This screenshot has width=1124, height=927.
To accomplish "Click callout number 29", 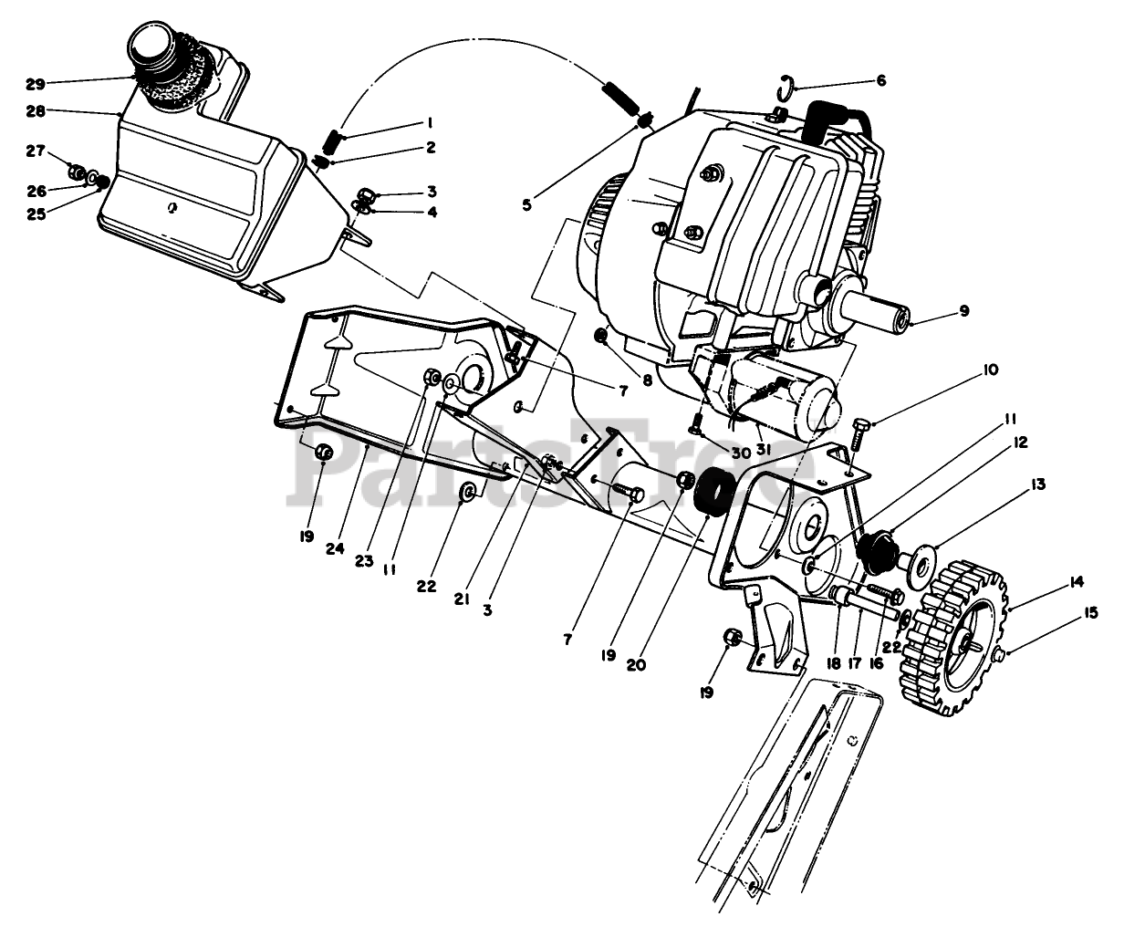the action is coord(34,84).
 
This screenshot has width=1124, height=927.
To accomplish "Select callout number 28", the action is coord(34,111).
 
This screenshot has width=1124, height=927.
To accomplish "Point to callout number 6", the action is coord(880,80).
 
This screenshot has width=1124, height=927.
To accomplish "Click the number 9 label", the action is coord(964,311).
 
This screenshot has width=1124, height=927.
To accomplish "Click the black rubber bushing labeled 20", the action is coord(713,494).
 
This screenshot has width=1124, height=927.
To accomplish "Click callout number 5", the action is coord(526,204).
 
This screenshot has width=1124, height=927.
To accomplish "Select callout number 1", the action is coord(428,123).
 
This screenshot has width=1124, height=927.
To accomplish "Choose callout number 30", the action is coord(739,453).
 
